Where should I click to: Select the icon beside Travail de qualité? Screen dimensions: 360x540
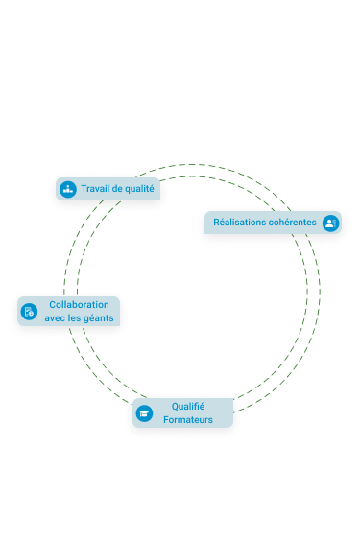coord(68,189)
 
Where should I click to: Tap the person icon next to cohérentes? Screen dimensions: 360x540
coord(330,223)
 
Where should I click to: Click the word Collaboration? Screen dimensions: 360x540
coord(79,305)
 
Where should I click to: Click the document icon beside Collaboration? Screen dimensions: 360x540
coord(29,312)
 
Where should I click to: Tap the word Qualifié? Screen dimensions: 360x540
coord(188,407)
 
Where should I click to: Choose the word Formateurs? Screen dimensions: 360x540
coord(188,420)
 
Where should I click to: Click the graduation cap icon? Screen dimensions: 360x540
coord(144,413)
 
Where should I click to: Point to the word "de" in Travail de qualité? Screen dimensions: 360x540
coord(117,189)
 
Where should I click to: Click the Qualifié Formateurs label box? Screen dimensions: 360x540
coord(182,413)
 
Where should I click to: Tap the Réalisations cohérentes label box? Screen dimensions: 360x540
coord(273,223)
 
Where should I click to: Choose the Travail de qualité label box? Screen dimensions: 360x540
coord(108,189)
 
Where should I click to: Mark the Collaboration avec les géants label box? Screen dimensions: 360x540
coord(68,312)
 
